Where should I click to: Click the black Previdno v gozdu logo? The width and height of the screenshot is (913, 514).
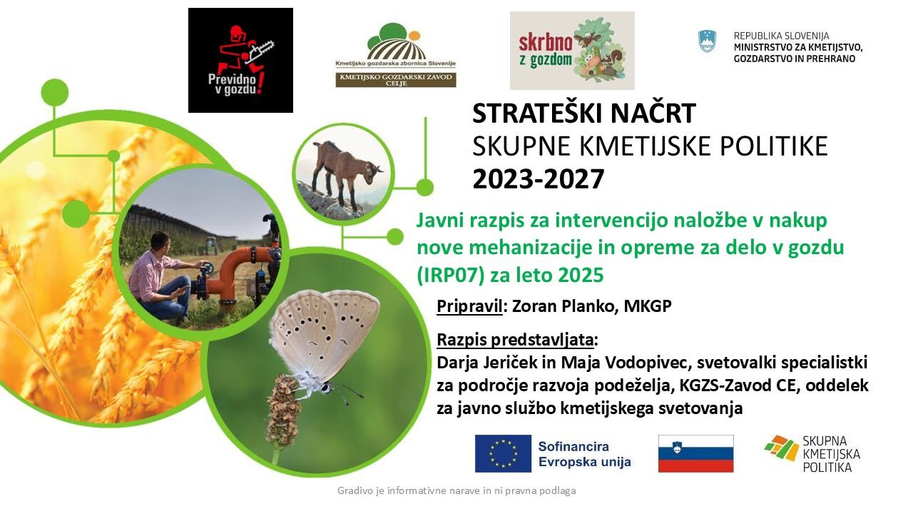point(240,61)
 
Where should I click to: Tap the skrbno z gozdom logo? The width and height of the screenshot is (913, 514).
point(572,50)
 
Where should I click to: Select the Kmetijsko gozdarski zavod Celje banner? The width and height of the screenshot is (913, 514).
point(396,80)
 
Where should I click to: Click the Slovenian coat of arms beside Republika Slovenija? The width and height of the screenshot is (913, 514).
point(707,41)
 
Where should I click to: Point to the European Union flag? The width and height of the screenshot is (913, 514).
point(503,453)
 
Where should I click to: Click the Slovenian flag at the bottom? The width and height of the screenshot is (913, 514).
point(695,453)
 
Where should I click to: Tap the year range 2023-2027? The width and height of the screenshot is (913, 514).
point(538,179)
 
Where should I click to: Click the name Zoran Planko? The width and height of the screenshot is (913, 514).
point(558,306)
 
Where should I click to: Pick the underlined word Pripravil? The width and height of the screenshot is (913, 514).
point(469,306)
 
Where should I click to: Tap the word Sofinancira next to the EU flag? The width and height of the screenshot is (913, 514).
point(573,446)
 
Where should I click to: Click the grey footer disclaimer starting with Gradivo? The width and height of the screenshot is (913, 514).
point(456,490)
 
